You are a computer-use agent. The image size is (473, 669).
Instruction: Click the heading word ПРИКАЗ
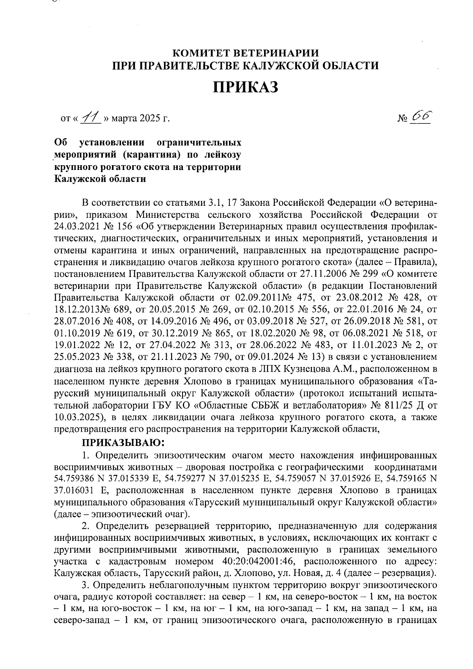pos(246,88)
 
